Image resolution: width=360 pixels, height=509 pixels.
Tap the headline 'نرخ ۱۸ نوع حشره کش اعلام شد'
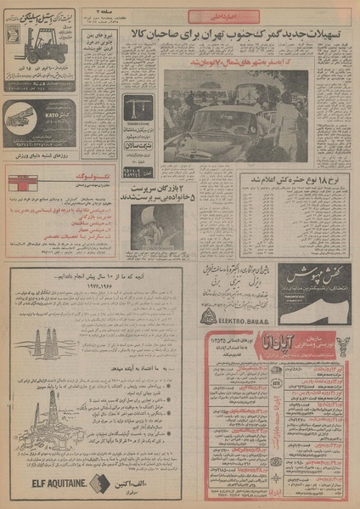(x=290, y=181)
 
